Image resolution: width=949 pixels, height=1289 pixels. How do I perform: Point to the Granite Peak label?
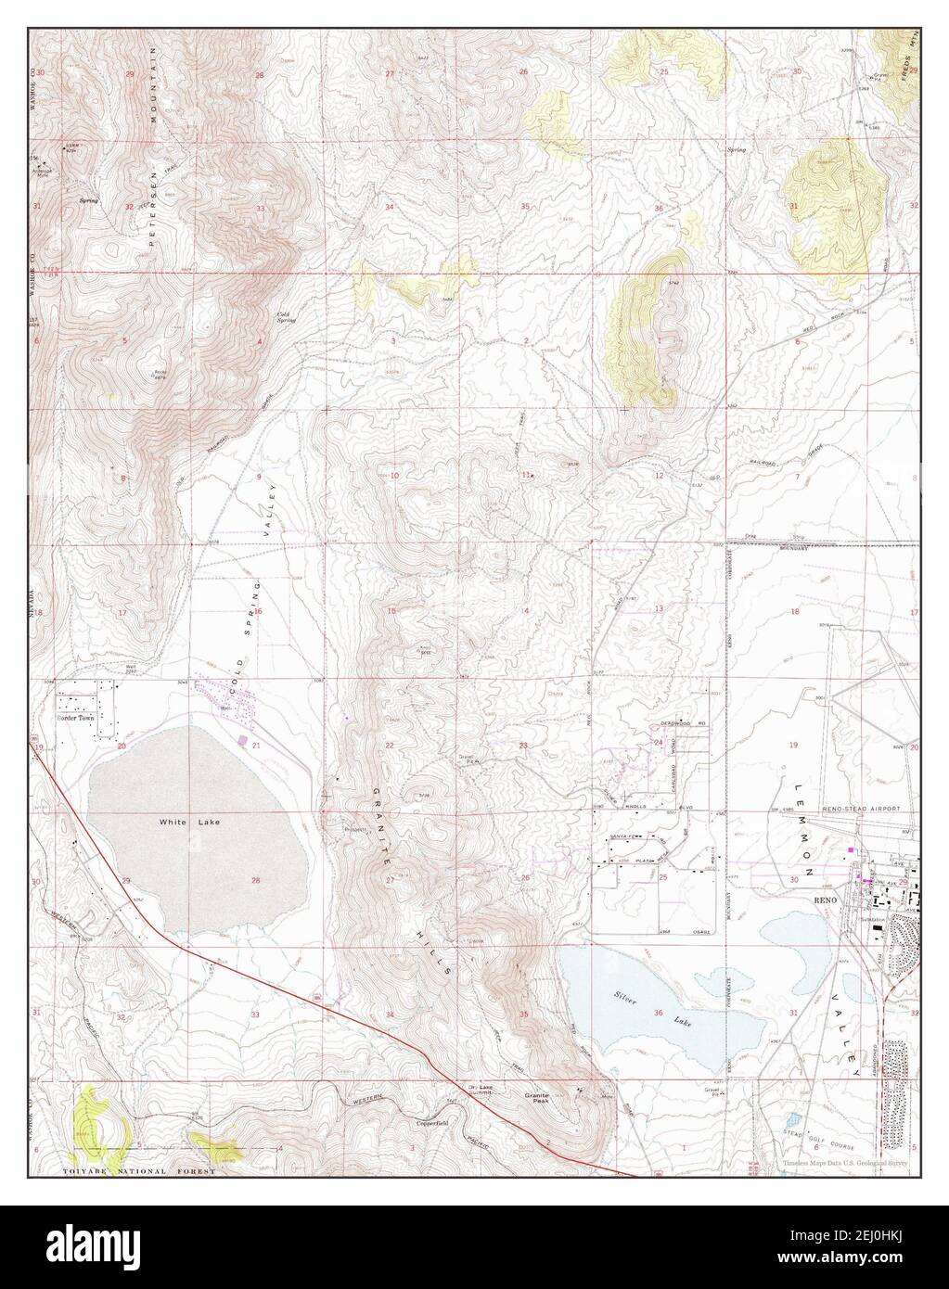click(x=537, y=1094)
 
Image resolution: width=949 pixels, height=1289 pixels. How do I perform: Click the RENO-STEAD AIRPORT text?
click(x=862, y=809)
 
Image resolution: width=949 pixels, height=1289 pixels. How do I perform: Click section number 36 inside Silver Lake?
click(x=659, y=1012)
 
